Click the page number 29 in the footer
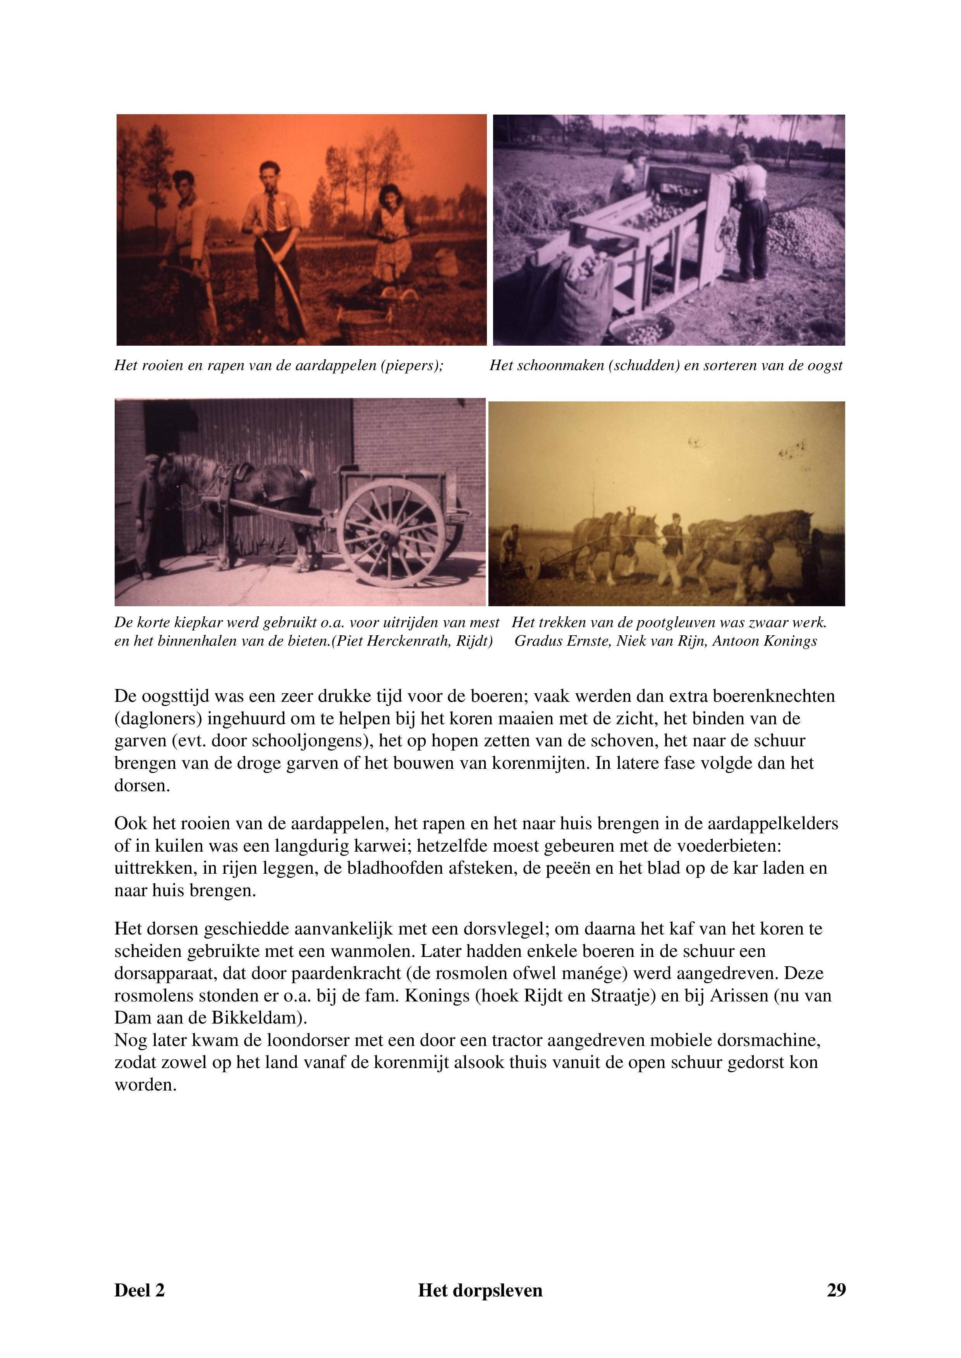click(x=836, y=1290)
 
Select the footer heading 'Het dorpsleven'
click(x=480, y=1290)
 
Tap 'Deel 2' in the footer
click(x=139, y=1290)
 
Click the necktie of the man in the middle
click(x=270, y=213)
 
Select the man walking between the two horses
click(x=672, y=547)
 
